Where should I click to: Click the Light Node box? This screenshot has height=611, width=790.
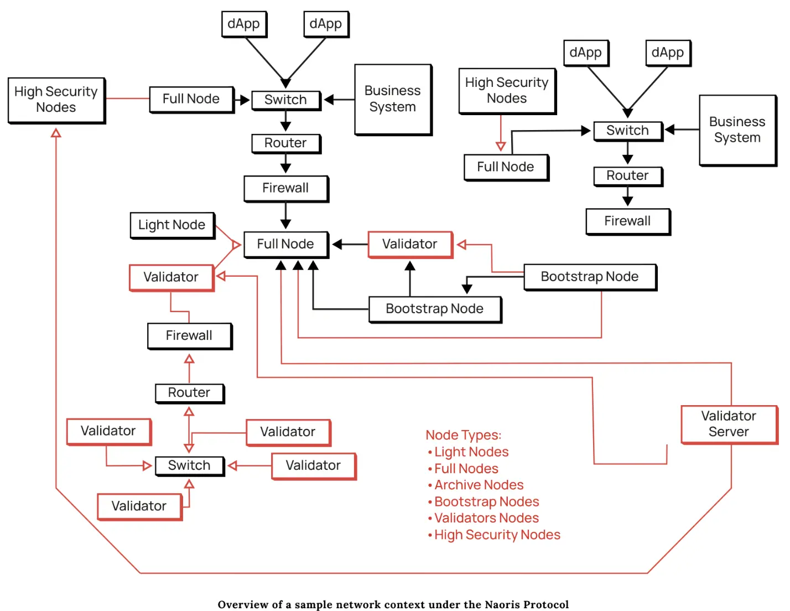(x=172, y=225)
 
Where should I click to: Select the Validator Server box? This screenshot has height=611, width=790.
(x=729, y=424)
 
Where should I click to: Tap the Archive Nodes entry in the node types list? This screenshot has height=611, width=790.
(x=479, y=485)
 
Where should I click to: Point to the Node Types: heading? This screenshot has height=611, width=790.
(x=464, y=435)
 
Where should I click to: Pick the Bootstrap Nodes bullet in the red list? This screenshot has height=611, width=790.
(x=486, y=501)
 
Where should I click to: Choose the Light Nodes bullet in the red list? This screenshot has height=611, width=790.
(x=471, y=452)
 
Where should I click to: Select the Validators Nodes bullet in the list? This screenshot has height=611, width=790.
(x=486, y=518)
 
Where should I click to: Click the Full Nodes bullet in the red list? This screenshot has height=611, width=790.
(x=466, y=468)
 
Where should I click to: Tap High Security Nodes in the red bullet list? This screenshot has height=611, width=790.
(x=497, y=535)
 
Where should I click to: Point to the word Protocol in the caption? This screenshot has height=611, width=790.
(x=548, y=604)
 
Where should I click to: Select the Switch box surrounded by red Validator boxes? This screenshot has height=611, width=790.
(x=189, y=465)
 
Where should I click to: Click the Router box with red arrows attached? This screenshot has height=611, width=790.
(x=189, y=393)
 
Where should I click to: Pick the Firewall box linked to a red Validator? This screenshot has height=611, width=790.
(x=189, y=335)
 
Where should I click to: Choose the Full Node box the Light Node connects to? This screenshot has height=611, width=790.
(x=285, y=244)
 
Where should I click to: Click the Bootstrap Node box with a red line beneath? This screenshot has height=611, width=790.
(x=590, y=277)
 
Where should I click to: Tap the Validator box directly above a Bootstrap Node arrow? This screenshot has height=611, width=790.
(x=410, y=244)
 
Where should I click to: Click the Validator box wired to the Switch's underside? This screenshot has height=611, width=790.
(x=139, y=506)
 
